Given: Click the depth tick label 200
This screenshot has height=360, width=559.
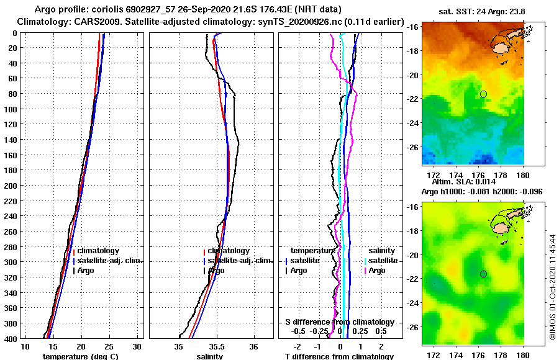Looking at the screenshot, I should [11, 186].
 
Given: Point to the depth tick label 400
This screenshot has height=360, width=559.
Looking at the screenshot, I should [11, 338].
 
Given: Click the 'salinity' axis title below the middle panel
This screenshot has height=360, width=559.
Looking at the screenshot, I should [211, 356].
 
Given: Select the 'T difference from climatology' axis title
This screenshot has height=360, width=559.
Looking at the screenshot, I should [339, 356].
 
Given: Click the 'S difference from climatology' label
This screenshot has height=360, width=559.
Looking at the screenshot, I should [339, 322].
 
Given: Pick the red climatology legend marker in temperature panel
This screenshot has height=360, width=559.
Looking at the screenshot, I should [74, 251].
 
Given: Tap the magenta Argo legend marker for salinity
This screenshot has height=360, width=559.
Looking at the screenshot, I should [366, 271].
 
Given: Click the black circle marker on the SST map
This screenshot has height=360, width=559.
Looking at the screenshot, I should [483, 94].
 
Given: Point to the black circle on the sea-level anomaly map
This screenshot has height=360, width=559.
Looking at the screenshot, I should [483, 274].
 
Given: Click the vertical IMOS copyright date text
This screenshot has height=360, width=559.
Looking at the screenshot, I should [553, 282].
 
